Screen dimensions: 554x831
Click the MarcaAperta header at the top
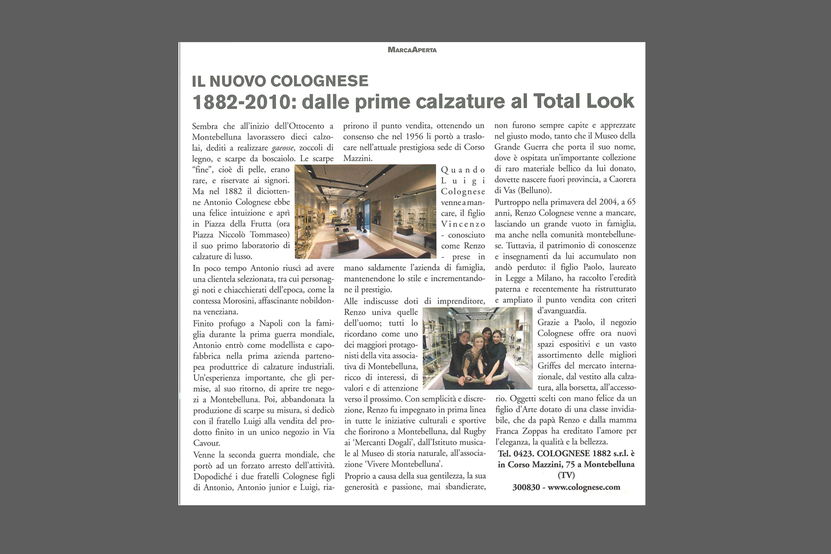(412, 50)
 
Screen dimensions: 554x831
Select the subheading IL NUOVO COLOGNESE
(280, 81)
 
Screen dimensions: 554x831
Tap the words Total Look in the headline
(583, 101)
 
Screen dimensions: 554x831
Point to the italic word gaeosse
(283, 148)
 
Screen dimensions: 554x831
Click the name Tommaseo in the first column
(270, 235)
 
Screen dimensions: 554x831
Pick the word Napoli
(271, 323)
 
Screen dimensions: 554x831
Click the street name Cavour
(207, 443)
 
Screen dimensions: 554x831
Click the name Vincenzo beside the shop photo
(463, 224)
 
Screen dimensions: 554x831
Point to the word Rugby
(474, 432)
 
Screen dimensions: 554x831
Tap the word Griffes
(551, 366)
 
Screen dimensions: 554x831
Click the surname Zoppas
(534, 431)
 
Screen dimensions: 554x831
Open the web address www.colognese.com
(584, 488)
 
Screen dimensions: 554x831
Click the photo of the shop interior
(366, 212)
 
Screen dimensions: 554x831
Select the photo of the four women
(477, 348)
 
